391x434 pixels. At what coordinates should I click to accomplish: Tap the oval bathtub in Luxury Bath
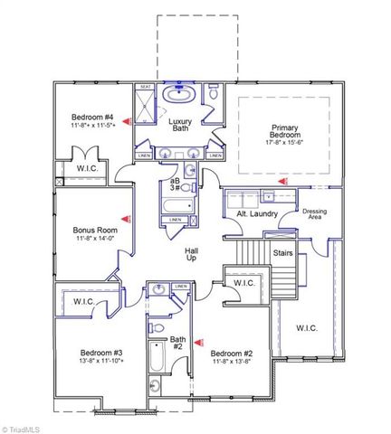tap(180, 93)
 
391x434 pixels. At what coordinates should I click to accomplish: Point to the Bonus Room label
tap(95, 231)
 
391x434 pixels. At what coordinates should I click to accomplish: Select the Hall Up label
tap(192, 255)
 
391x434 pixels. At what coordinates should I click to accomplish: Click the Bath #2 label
tap(177, 344)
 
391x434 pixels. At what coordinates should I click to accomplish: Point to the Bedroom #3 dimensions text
tap(93, 360)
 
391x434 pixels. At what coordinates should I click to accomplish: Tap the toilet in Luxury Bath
tap(214, 93)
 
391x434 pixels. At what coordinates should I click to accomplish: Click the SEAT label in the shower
tap(146, 88)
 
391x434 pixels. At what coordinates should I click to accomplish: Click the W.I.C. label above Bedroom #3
tap(84, 301)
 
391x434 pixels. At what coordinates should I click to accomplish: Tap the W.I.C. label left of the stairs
tap(243, 283)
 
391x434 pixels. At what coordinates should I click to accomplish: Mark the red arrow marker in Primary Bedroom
tap(283, 182)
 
